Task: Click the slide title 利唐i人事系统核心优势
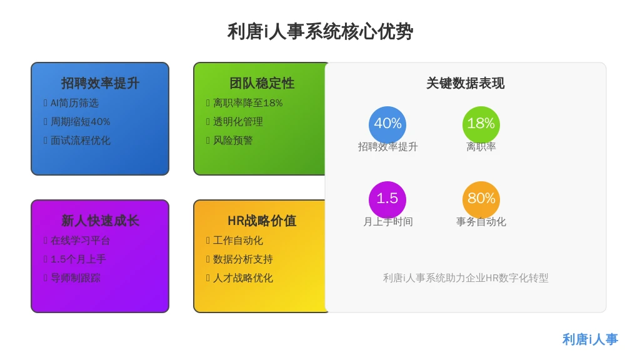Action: click(x=320, y=32)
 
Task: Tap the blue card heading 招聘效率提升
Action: click(x=100, y=83)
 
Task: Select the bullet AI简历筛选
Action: click(x=74, y=103)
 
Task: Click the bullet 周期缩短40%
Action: click(x=81, y=122)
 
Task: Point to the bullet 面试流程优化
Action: click(x=81, y=141)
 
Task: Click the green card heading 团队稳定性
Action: click(x=262, y=83)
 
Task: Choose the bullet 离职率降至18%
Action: click(x=247, y=103)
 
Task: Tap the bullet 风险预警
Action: click(x=232, y=141)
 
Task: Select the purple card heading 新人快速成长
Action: click(x=100, y=221)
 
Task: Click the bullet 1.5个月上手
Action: click(x=78, y=259)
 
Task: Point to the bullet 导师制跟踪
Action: click(x=76, y=278)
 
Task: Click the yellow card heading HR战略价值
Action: click(x=262, y=221)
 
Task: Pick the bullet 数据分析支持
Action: click(x=243, y=259)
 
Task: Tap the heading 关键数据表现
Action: click(x=465, y=83)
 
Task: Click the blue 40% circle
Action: click(x=387, y=124)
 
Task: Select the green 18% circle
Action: click(x=481, y=124)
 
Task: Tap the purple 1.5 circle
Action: click(x=387, y=199)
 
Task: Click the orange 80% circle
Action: click(x=481, y=199)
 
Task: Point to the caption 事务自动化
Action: click(x=481, y=222)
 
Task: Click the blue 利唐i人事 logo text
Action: click(x=590, y=339)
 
